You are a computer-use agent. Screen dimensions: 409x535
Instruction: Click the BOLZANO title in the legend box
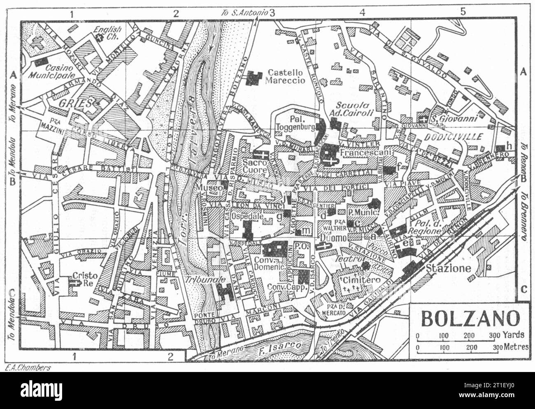[469, 319]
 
